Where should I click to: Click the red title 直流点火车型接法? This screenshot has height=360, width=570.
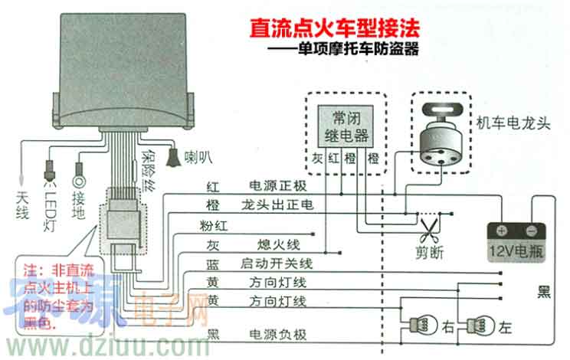[336, 30]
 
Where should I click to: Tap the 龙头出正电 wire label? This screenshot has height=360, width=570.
[272, 206]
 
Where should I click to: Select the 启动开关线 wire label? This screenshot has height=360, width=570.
[278, 263]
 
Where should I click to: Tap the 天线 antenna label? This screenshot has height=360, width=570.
[22, 206]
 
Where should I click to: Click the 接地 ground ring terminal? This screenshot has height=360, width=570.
[79, 182]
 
